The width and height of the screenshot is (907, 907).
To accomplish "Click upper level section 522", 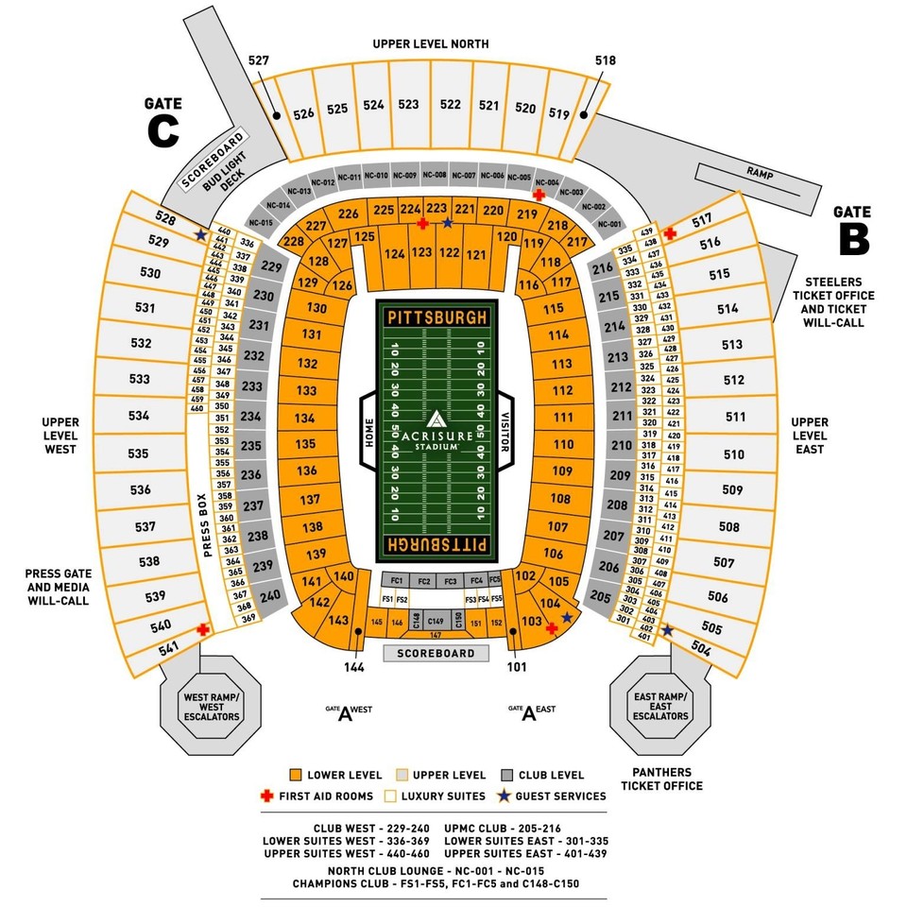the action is tap(451, 105).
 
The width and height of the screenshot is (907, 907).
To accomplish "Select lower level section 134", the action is tap(304, 417).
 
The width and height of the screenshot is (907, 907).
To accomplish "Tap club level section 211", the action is tap(622, 416).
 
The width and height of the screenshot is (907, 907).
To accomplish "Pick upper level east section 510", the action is tap(733, 454).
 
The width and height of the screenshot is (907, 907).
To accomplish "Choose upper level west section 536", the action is tap(141, 489).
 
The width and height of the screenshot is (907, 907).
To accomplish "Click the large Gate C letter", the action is tap(163, 131).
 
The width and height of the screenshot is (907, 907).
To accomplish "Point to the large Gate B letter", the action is tap(853, 238).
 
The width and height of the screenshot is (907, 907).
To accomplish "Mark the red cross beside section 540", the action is tap(202, 628).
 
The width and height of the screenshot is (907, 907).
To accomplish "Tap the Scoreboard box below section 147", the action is tap(436, 653).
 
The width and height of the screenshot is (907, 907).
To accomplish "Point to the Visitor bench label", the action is tap(505, 429).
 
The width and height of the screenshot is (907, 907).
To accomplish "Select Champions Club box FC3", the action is tap(451, 580).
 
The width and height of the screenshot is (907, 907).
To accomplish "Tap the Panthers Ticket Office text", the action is tap(661, 779).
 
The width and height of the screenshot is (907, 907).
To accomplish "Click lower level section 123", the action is tap(422, 253).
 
